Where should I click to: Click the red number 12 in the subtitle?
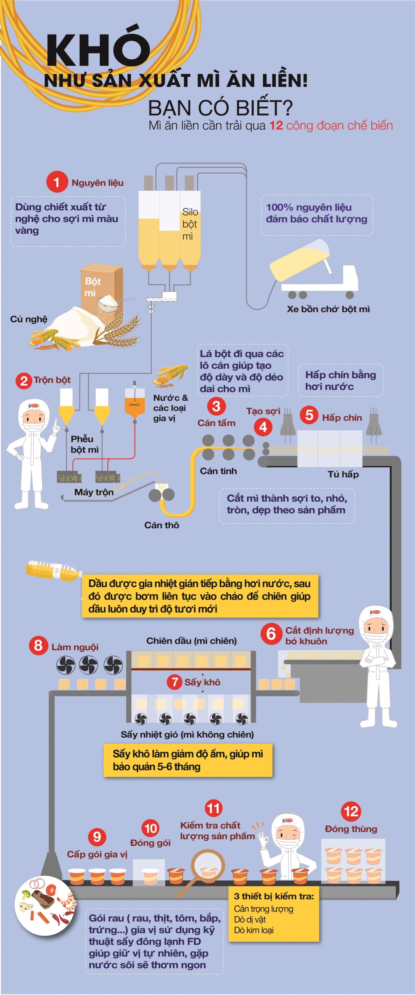coord(276,126)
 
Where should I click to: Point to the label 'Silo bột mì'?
coord(190,224)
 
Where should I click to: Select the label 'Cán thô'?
coord(162,525)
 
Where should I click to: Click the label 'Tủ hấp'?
coord(343,474)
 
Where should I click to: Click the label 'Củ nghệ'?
coord(29,319)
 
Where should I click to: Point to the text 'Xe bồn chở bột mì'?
coord(328,309)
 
